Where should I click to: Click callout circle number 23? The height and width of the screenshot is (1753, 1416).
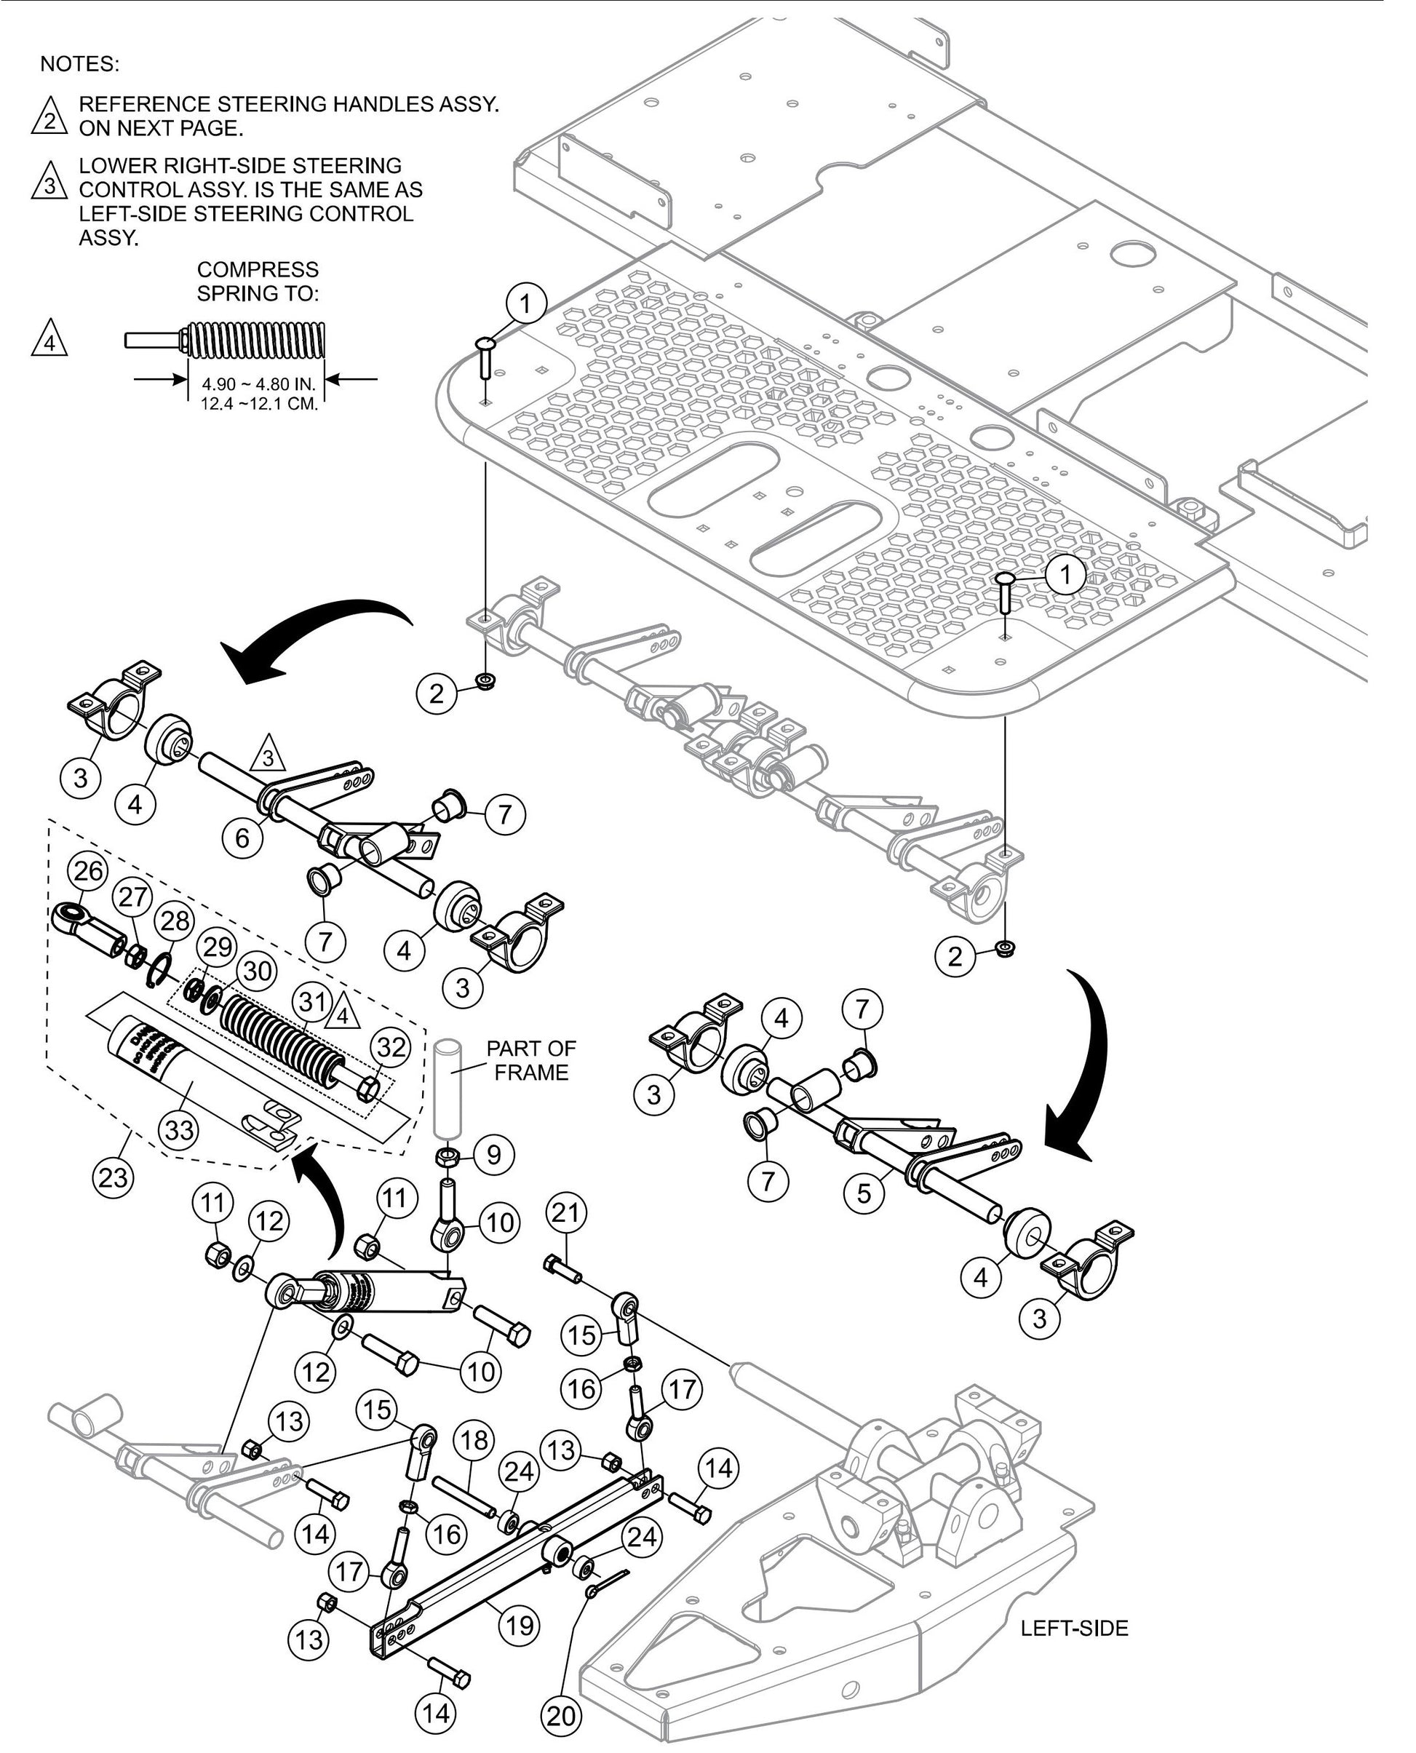click(x=114, y=1177)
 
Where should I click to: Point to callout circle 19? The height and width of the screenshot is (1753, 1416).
click(x=519, y=1626)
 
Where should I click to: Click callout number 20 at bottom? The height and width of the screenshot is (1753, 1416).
click(x=561, y=1715)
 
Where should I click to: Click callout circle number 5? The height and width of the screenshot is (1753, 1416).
click(x=864, y=1193)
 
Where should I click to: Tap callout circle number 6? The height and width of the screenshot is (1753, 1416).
click(x=242, y=837)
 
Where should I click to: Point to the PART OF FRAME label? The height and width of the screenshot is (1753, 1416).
click(x=531, y=1060)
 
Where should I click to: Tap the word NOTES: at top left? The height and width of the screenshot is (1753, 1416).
click(x=79, y=63)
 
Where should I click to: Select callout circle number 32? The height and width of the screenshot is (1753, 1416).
click(x=391, y=1046)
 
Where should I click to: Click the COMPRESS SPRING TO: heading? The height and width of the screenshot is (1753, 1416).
click(x=258, y=281)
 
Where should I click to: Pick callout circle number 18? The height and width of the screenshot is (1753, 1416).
click(x=474, y=1462)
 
